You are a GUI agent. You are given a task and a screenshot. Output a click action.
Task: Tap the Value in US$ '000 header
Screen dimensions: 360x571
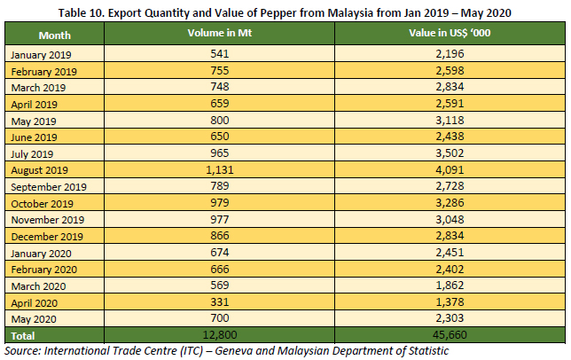pos(450,33)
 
